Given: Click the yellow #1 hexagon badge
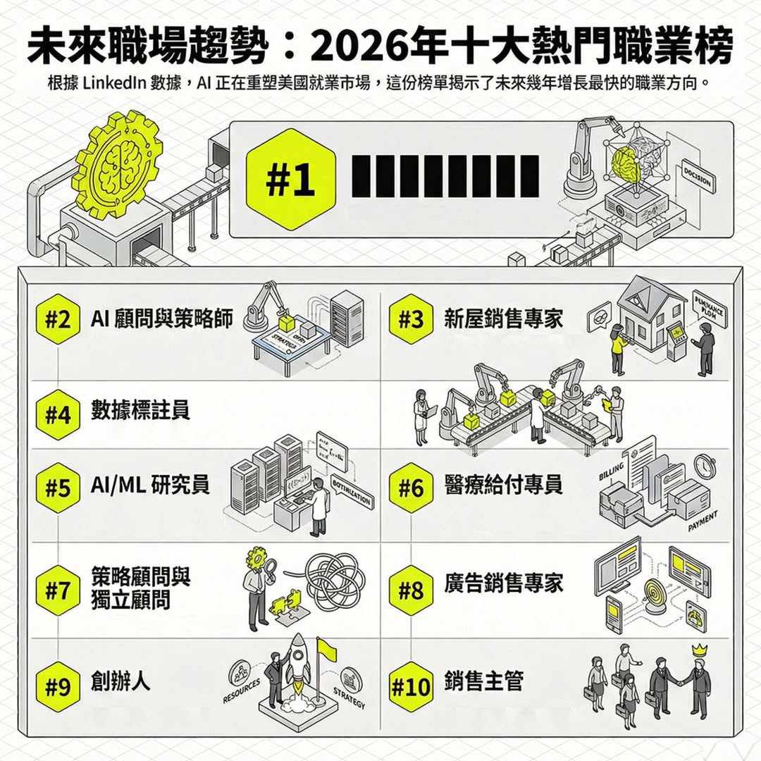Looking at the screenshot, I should pos(290,180).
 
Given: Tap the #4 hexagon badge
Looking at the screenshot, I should pos(58,414).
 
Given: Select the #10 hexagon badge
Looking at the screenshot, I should pos(410,686).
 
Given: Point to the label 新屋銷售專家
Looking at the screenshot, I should pos(503,318).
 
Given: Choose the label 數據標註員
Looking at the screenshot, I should pos(140,410).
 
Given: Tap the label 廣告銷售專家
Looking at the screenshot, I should pos(503,583).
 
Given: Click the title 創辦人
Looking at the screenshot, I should pos(120,681).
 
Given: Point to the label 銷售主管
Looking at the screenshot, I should pos(483,681).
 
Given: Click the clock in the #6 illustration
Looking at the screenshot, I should pos(704,466).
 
